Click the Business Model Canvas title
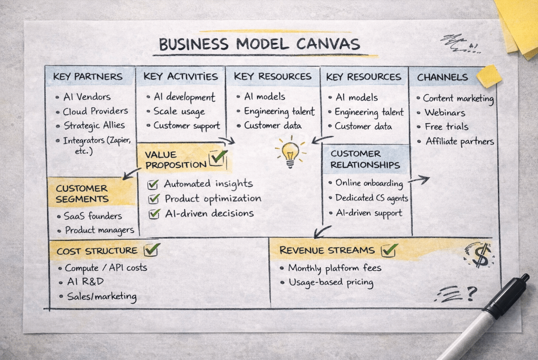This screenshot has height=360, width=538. click(259, 44)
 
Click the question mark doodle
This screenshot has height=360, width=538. click(471, 294)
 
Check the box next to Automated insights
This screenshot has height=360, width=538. click(153, 184)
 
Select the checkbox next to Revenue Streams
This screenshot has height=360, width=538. click(389, 250)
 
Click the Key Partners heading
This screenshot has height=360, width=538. click(88, 77)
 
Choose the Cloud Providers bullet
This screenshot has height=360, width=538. click(95, 111)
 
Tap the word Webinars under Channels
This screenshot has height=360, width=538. click(445, 112)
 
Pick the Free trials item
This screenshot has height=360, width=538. click(446, 127)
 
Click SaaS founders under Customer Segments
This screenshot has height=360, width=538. click(93, 216)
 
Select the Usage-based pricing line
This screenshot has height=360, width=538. click(330, 283)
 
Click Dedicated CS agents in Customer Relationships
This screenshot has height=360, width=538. click(371, 198)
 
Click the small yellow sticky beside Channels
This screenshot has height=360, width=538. click(489, 76)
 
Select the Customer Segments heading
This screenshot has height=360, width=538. click(82, 193)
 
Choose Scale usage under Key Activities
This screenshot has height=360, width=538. click(179, 111)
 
